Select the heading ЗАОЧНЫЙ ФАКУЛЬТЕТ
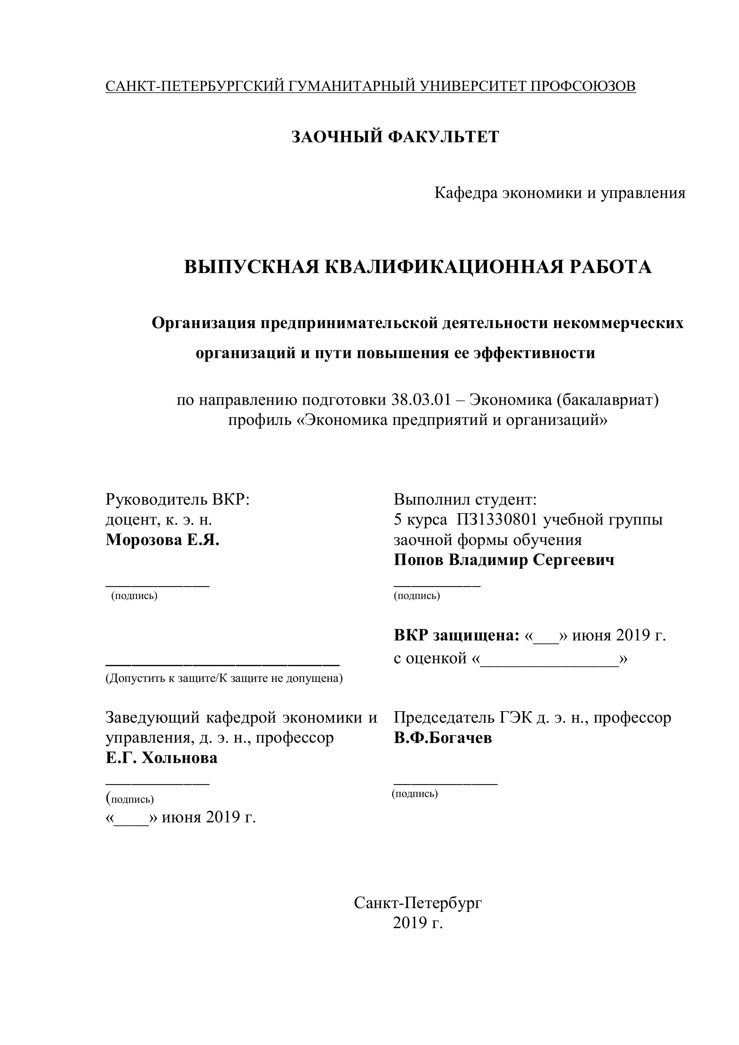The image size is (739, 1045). pos(395,137)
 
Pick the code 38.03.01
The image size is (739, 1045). pos(421,400)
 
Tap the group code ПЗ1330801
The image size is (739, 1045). pos(494,519)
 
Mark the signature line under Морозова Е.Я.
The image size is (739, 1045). pos(158,586)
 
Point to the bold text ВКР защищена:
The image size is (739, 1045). pos(456,635)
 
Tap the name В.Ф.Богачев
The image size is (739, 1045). pos(443,738)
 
